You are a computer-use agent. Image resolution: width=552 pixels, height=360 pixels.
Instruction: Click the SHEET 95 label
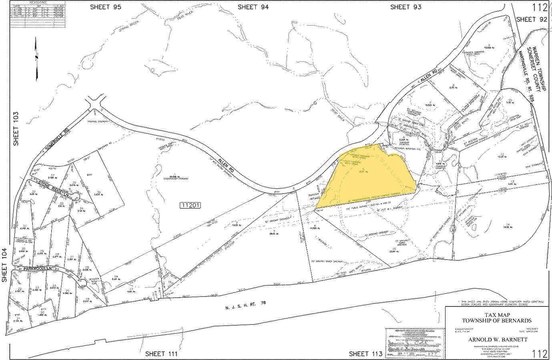click(106, 7)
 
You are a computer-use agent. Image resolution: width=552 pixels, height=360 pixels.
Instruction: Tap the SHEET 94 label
click(253, 7)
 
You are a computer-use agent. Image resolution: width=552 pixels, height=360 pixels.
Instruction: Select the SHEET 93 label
click(405, 7)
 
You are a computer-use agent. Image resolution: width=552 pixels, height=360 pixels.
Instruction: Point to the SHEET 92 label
click(531, 19)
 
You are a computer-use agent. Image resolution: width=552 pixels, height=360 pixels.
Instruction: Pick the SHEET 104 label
click(5, 264)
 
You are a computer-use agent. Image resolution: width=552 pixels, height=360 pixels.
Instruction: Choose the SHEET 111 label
click(161, 354)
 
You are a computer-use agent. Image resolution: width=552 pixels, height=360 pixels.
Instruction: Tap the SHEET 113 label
click(365, 354)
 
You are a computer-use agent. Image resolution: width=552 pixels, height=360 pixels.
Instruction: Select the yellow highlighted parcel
click(368, 178)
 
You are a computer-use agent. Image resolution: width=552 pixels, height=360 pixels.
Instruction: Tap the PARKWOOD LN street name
click(38, 269)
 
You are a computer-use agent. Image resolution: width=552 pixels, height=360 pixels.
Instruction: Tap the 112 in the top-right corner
click(540, 7)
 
